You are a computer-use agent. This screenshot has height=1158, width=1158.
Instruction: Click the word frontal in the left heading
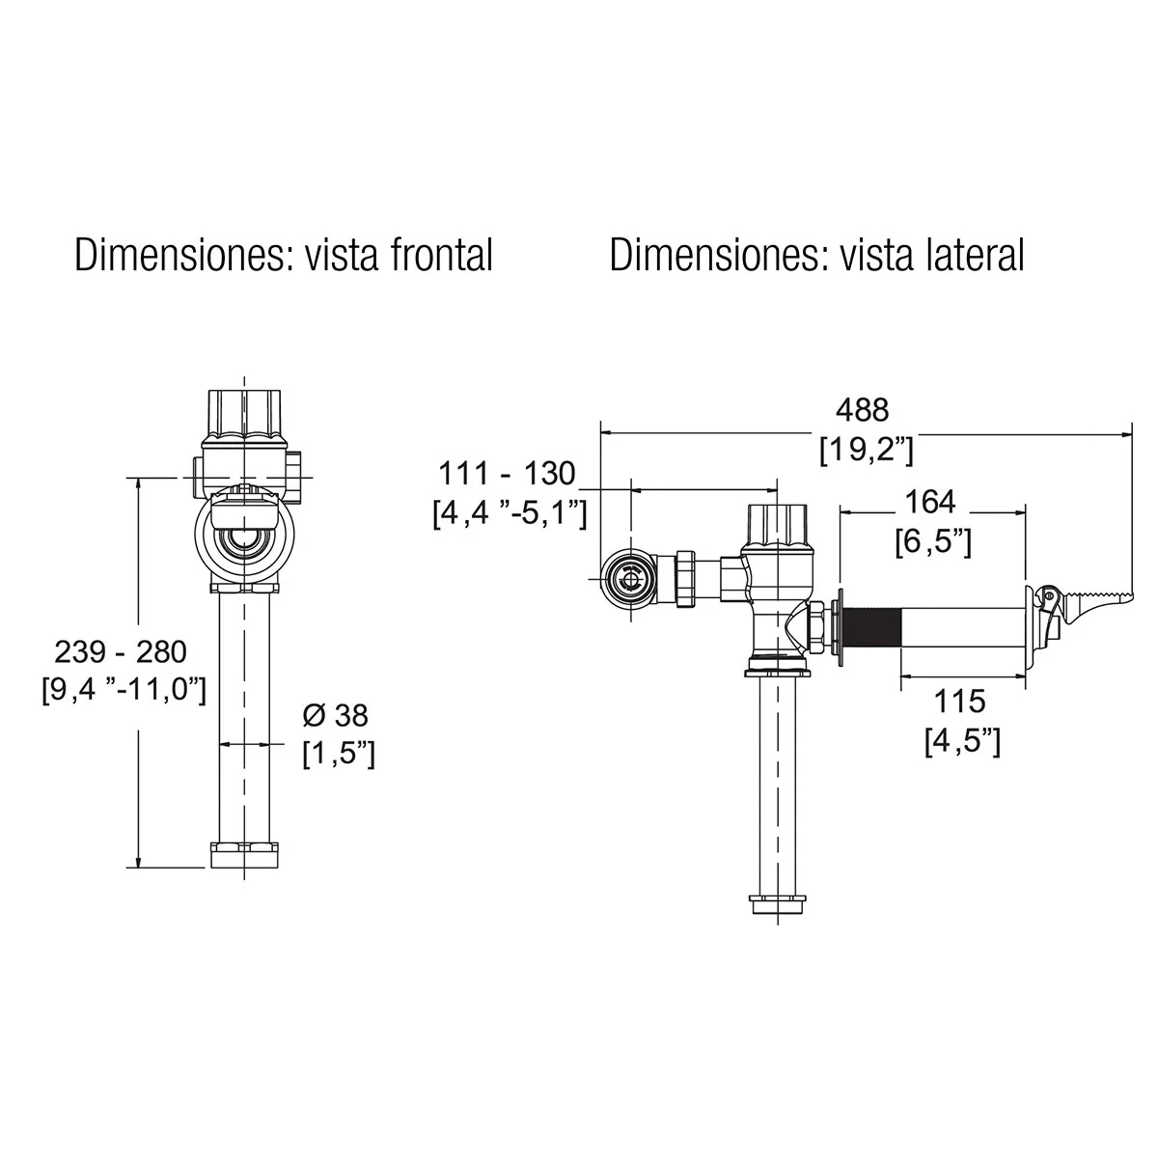coord(441,255)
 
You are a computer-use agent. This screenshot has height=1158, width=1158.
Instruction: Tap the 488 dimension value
coord(863,410)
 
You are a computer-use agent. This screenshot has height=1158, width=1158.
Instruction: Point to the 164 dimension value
coord(930,502)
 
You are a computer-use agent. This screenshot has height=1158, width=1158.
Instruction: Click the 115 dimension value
coord(959,702)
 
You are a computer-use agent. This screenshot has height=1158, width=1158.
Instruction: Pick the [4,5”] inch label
coord(963,741)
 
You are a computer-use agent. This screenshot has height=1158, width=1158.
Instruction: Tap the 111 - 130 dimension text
coord(507,474)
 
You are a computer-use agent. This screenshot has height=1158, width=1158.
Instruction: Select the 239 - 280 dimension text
coord(121,652)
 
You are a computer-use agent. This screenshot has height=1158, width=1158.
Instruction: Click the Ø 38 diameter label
coord(336,715)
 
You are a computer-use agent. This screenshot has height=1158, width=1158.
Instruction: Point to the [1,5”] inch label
coord(339,754)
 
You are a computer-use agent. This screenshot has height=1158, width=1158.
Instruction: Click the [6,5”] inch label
coord(933,542)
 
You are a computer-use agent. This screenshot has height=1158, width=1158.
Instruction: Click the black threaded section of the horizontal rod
coord(872,628)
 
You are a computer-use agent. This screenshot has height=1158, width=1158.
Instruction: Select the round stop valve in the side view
coord(629,580)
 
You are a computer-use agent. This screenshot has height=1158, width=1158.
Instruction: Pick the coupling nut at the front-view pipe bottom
coord(244,855)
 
